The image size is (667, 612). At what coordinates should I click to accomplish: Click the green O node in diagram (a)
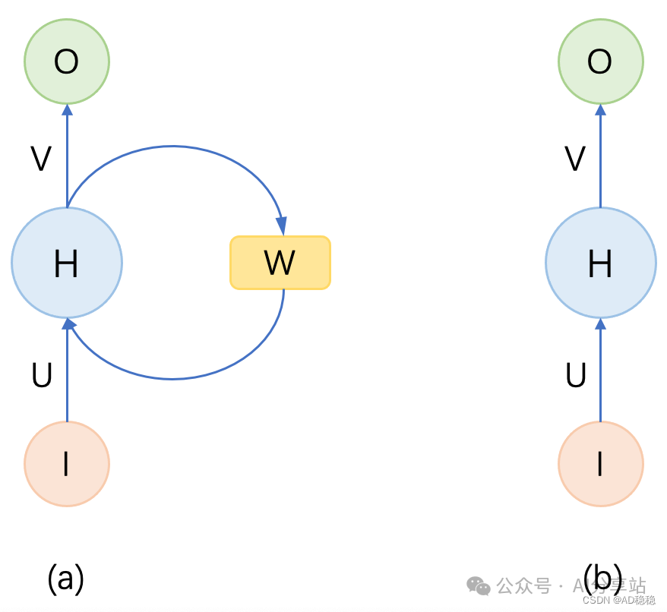click(67, 62)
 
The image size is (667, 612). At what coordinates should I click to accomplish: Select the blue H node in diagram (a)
click(67, 263)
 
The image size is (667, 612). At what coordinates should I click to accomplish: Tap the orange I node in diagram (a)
click(67, 463)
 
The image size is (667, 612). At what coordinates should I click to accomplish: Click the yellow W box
click(280, 263)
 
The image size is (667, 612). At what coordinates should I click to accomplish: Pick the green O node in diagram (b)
click(600, 62)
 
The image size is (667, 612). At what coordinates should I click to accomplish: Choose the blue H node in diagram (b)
click(600, 263)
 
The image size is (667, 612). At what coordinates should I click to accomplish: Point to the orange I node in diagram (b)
click(600, 463)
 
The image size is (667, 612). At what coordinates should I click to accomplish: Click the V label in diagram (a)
click(41, 159)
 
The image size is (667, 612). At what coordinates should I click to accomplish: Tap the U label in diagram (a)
click(42, 375)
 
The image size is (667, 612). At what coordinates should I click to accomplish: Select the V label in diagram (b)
click(575, 159)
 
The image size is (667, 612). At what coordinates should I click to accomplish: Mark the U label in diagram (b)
click(576, 375)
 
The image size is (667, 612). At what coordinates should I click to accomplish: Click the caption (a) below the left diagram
click(65, 579)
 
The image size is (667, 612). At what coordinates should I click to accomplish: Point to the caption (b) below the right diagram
click(602, 579)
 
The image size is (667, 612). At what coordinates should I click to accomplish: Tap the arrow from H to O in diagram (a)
click(67, 156)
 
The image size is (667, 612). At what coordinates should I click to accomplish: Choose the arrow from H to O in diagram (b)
click(600, 156)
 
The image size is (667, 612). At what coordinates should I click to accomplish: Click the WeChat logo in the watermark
click(479, 585)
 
